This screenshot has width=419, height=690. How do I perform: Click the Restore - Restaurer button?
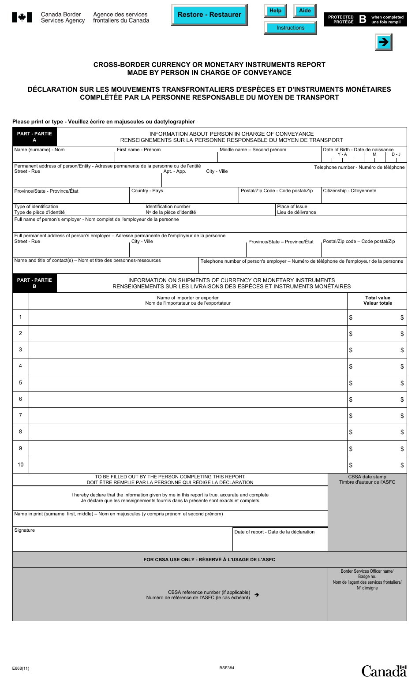click(209, 15)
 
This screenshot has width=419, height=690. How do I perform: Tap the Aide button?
click(304, 11)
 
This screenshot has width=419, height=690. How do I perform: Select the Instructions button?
click(290, 28)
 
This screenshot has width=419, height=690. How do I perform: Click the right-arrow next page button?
click(383, 42)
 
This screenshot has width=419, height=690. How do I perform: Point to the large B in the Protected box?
click(363, 19)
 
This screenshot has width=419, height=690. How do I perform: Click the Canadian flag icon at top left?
click(22, 18)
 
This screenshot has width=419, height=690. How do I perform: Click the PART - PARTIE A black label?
click(34, 137)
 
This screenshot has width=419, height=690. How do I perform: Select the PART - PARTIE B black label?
click(34, 283)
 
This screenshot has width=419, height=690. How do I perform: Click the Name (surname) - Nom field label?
click(39, 150)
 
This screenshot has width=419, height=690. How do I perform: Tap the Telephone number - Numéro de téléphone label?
click(359, 168)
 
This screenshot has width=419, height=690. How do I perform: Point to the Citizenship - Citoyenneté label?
click(349, 191)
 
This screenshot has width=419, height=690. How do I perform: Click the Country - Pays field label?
click(147, 191)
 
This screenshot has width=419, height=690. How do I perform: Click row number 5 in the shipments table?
click(20, 383)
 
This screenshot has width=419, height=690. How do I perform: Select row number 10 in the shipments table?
click(20, 465)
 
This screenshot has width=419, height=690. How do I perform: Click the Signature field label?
click(24, 530)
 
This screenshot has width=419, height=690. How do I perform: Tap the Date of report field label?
click(274, 532)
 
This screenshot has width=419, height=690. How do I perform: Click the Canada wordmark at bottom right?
click(384, 671)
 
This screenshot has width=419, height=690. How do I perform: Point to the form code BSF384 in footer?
click(227, 668)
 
